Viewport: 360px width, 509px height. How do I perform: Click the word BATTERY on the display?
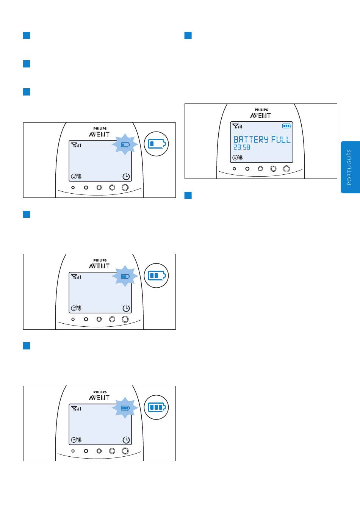click(251, 139)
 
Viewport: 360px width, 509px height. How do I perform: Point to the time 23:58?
click(242, 147)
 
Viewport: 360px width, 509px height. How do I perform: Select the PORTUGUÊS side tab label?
click(349, 167)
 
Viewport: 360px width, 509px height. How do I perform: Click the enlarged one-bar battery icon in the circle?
click(157, 144)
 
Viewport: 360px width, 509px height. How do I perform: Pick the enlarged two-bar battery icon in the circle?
click(157, 276)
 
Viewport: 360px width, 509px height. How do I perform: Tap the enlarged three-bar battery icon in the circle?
click(157, 407)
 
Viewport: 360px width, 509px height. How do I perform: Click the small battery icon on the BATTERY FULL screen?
click(286, 126)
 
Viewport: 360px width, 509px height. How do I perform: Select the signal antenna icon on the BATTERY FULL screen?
click(237, 126)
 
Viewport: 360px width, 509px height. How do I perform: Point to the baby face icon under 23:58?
click(235, 157)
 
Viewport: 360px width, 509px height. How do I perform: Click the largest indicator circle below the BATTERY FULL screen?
click(286, 169)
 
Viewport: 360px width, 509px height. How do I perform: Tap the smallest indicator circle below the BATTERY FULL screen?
click(234, 169)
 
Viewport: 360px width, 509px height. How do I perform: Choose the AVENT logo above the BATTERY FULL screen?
click(260, 116)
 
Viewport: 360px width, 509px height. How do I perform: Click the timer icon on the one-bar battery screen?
click(126, 176)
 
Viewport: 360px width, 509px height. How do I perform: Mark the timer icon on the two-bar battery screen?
click(126, 308)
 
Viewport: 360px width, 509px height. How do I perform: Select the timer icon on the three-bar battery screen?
click(126, 440)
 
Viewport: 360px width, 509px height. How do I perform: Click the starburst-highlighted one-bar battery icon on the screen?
click(125, 144)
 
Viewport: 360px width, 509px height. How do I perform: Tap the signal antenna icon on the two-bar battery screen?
click(76, 277)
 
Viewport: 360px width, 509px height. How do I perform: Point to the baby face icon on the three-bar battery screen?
click(74, 440)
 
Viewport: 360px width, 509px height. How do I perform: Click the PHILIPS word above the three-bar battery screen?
click(100, 392)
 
